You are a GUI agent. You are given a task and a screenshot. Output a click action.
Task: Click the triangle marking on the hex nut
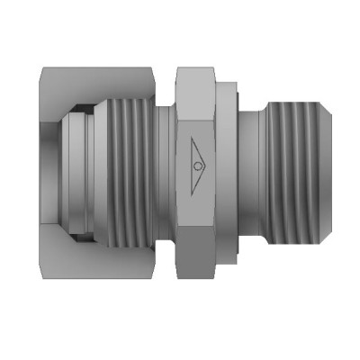pos(197,167)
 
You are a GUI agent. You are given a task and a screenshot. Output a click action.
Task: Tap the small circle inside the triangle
pos(198,167)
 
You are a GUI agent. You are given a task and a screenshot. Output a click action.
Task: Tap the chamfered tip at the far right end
pos(317,167)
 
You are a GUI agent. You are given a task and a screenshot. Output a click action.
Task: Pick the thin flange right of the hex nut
pos(230,167)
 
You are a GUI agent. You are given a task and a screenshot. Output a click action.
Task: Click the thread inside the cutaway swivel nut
pos(130,167)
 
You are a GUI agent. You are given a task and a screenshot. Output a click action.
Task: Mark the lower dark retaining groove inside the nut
pos(81,225)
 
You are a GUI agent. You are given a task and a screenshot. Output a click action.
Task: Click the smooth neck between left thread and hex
pos(164,167)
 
